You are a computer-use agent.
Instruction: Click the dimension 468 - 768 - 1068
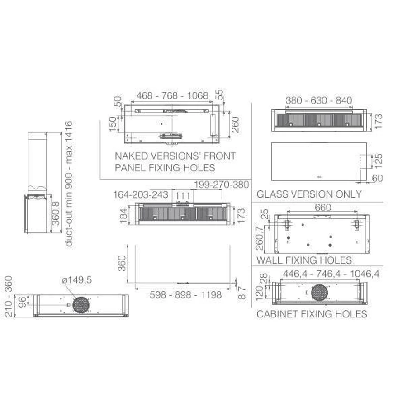(x=172, y=96)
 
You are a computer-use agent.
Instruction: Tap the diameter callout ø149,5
(x=77, y=280)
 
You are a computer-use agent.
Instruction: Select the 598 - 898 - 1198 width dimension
(x=185, y=295)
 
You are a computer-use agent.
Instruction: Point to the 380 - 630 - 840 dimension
(x=319, y=100)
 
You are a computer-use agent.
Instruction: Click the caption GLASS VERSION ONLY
(x=309, y=194)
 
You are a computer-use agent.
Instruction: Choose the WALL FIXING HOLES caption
(x=304, y=260)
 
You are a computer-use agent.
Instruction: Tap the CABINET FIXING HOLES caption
(x=312, y=314)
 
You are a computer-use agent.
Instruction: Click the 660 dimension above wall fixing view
(x=323, y=208)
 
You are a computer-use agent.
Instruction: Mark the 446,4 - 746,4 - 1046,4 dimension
(x=331, y=274)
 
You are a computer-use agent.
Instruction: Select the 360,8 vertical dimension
(x=56, y=213)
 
